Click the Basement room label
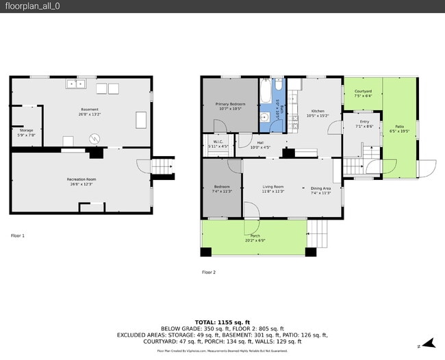tap(90, 110)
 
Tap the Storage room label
tap(26, 130)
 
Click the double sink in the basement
tap(75, 84)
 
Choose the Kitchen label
tap(318, 111)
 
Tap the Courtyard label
tap(362, 91)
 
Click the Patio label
tap(399, 127)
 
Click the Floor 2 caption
tap(209, 272)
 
